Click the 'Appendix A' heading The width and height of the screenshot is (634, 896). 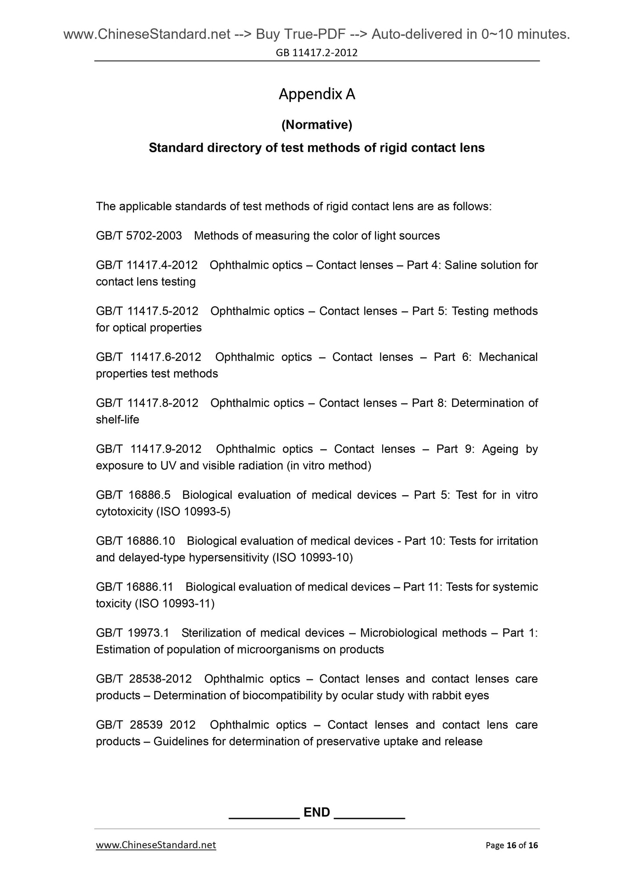point(317,94)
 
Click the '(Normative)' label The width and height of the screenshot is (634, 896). point(317,125)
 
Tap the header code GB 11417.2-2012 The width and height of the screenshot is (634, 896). point(317,53)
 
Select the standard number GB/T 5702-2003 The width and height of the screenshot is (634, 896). point(139,236)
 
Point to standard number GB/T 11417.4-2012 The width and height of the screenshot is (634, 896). point(147,265)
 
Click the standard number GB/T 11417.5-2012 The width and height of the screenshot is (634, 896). point(147,311)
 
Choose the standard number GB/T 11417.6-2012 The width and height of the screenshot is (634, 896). point(148,357)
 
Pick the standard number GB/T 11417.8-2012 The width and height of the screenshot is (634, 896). point(147,403)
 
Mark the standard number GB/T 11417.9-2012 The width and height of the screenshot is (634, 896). point(148,449)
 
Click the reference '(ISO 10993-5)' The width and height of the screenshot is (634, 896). point(193,512)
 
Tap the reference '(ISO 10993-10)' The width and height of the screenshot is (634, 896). point(312,558)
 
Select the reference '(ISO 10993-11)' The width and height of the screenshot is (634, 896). point(175,604)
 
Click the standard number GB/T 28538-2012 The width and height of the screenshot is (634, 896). point(144,679)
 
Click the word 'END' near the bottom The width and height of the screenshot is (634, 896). point(317,812)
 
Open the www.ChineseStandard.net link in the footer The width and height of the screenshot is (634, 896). point(156,845)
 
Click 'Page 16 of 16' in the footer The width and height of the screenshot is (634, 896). point(512,845)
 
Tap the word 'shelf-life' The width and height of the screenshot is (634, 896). point(118,420)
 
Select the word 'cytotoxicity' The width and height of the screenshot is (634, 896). point(124,512)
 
